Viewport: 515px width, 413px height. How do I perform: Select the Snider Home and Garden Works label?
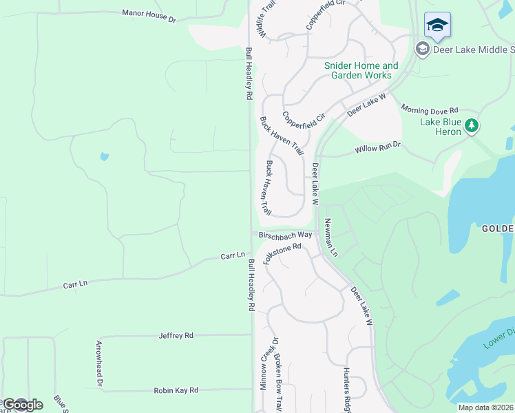pos(361,70)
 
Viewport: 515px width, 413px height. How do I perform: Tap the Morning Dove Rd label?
pos(430,109)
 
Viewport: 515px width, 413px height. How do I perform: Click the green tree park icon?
pos(472,125)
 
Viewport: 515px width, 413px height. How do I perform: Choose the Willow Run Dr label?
pos(377,149)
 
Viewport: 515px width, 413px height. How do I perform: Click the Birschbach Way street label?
pos(285,235)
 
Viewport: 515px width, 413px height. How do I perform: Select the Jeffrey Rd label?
pos(176,336)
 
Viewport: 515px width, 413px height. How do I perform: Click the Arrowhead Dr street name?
pos(99,363)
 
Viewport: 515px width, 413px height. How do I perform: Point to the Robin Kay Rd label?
pos(176,390)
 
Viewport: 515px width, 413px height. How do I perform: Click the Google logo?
pos(22,405)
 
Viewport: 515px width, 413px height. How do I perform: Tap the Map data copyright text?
pos(486,407)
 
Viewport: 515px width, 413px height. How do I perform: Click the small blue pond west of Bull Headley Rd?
pos(104,156)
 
